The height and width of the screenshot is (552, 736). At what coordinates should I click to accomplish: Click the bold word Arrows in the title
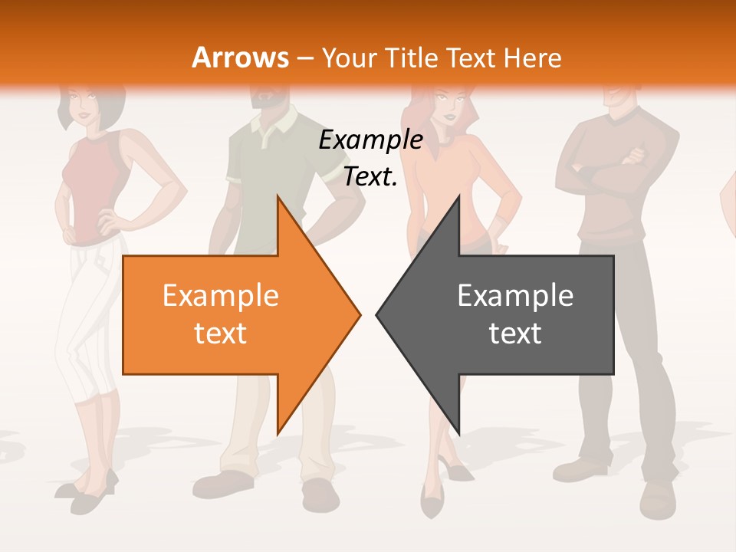[x=240, y=58]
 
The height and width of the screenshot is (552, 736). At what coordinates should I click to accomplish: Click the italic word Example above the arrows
[x=370, y=140]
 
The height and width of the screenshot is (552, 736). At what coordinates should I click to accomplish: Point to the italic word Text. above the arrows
[x=370, y=177]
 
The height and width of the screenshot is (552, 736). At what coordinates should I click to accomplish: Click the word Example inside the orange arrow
[x=220, y=296]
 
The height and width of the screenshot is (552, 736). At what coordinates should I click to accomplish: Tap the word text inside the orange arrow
[x=220, y=333]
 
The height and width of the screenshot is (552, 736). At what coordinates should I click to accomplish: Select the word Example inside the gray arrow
[x=515, y=296]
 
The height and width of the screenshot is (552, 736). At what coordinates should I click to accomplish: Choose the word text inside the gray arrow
[x=515, y=333]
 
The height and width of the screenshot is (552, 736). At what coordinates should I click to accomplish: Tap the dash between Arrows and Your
[x=305, y=58]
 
